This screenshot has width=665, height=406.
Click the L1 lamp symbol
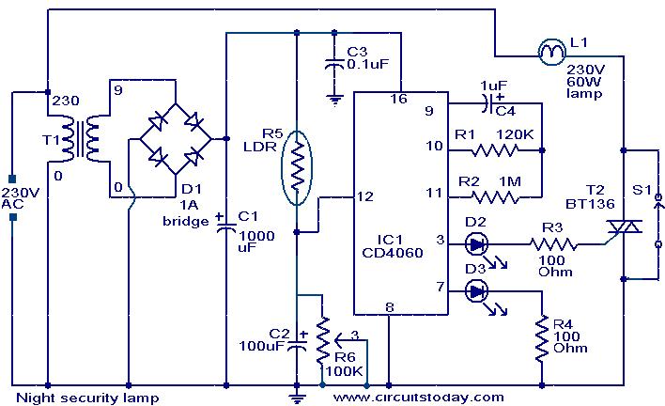(x=550, y=54)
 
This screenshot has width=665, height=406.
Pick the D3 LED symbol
(x=476, y=291)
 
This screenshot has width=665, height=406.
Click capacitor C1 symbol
(x=226, y=225)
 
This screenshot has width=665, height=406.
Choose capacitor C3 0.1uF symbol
(x=332, y=65)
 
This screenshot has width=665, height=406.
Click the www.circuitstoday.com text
(x=418, y=397)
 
